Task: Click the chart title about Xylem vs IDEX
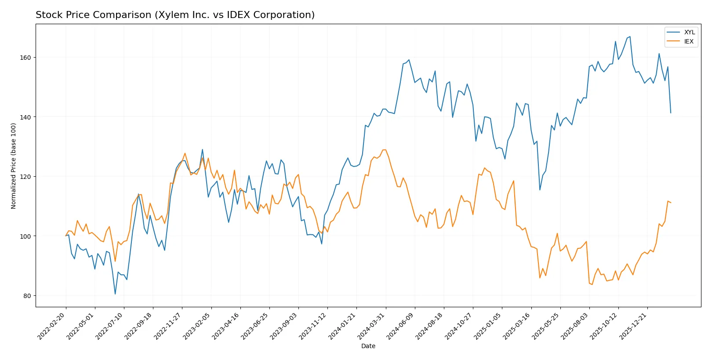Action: (x=175, y=15)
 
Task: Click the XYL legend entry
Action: (x=689, y=32)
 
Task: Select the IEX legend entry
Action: (x=688, y=41)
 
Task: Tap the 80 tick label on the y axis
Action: (x=27, y=296)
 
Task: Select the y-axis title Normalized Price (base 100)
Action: (x=14, y=166)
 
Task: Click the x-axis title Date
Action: (x=368, y=346)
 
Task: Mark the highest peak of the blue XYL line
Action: (x=630, y=36)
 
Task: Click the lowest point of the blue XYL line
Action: (x=115, y=294)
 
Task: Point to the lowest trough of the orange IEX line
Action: (x=592, y=284)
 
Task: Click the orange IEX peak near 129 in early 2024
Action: (x=385, y=150)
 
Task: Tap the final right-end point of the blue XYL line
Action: (x=671, y=113)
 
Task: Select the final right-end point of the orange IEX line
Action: (x=671, y=203)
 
